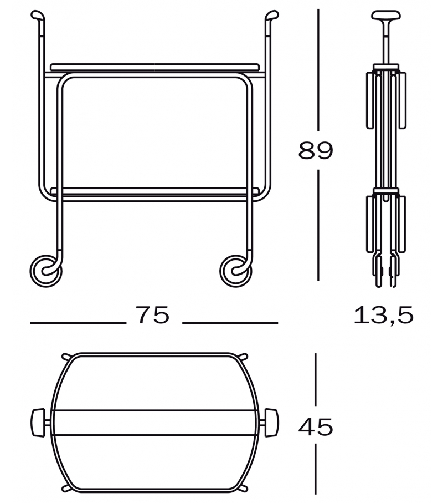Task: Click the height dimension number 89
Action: pyautogui.click(x=316, y=150)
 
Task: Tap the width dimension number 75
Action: pyautogui.click(x=152, y=316)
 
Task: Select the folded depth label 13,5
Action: pyautogui.click(x=384, y=316)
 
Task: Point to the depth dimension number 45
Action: pyautogui.click(x=316, y=427)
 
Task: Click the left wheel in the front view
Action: pyautogui.click(x=46, y=271)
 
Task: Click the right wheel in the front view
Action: pyautogui.click(x=235, y=271)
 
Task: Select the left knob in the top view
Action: pyautogui.click(x=38, y=424)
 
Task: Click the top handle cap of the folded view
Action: pyautogui.click(x=386, y=14)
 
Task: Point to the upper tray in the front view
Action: pyautogui.click(x=154, y=67)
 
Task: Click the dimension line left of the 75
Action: pyautogui.click(x=78, y=323)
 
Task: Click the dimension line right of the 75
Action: pyautogui.click(x=230, y=323)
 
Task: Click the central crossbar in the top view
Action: pyautogui.click(x=154, y=423)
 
